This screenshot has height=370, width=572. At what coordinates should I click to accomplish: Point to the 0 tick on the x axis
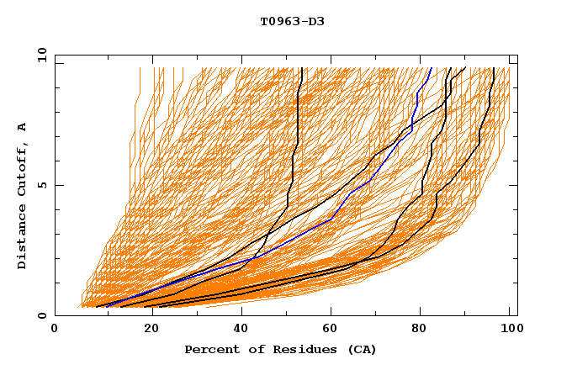tap(55, 329)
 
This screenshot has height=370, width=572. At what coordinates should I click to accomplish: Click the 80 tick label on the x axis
tap(425, 329)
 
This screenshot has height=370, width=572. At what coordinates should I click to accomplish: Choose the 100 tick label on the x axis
tap(509, 329)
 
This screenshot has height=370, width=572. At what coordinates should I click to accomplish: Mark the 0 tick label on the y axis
tap(42, 316)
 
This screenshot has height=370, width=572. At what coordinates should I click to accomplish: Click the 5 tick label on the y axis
tap(42, 186)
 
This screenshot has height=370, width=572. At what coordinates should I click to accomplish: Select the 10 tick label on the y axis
tap(39, 55)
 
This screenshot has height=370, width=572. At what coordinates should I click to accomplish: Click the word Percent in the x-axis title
tap(209, 349)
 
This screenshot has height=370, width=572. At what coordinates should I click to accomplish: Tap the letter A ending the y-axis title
tap(23, 127)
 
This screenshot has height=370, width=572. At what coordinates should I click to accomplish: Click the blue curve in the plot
tap(331, 219)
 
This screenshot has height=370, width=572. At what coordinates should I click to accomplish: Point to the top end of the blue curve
tap(431, 68)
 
